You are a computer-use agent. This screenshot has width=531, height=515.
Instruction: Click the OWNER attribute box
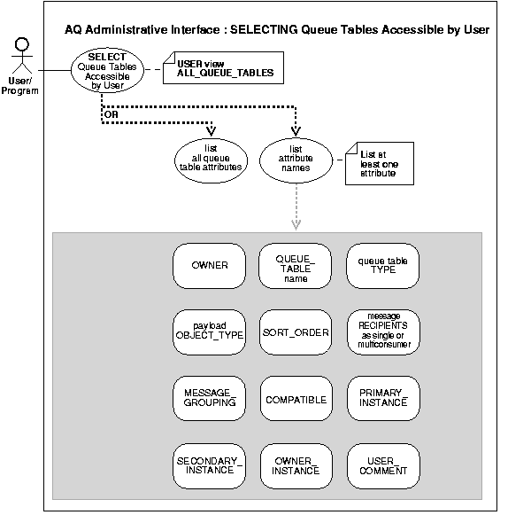tap(209, 266)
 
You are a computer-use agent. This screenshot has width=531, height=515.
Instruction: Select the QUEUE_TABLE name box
tap(296, 266)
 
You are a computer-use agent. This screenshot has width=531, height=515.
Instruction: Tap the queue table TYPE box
tap(382, 266)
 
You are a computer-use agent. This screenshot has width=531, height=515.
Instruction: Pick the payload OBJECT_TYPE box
tap(209, 332)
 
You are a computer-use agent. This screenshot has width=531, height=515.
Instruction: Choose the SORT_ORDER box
tap(296, 332)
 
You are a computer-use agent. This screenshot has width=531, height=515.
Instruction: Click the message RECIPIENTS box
tap(382, 332)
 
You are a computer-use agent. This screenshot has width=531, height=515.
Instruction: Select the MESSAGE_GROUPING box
tap(209, 399)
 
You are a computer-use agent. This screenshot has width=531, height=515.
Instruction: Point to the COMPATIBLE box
tap(296, 399)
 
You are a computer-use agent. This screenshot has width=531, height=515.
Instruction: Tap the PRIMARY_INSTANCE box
tap(382, 399)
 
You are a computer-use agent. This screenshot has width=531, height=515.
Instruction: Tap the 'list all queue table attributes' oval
tap(210, 160)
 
